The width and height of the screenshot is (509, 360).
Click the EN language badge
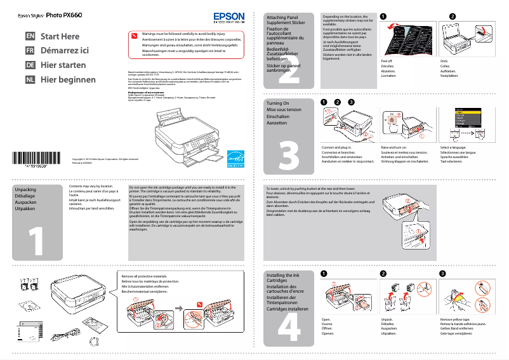tap(29, 36)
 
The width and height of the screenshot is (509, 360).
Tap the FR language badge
tap(29, 50)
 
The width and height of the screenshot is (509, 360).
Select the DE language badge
tap(29, 65)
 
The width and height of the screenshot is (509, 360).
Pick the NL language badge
tap(29, 80)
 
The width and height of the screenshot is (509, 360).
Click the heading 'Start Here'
tap(60, 36)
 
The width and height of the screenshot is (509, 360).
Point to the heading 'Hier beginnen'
tap(68, 80)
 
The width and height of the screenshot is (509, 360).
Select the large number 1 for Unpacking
tap(37, 235)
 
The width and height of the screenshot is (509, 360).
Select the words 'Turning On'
tap(277, 103)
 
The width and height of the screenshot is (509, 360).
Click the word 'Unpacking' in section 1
tap(25, 190)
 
